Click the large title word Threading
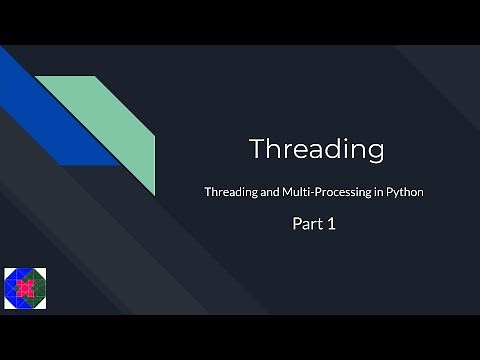click(x=316, y=149)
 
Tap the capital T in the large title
click(x=257, y=149)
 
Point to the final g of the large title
click(x=374, y=152)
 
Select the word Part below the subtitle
click(x=303, y=225)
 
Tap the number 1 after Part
click(x=329, y=225)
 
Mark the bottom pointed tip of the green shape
click(x=154, y=194)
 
